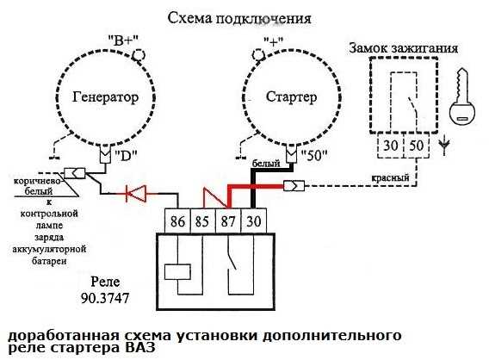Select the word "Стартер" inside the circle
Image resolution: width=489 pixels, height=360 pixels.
point(288,97)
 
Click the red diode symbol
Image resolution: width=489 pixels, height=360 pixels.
point(135,193)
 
